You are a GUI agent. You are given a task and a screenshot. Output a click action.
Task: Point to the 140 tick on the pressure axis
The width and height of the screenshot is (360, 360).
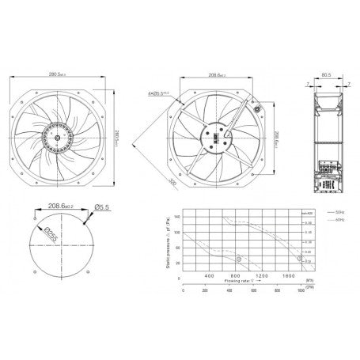176,215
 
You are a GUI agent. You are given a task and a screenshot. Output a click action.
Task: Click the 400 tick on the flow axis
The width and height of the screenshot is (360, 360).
209,275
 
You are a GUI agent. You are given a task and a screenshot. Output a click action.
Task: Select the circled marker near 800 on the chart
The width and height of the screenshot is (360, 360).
237,258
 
